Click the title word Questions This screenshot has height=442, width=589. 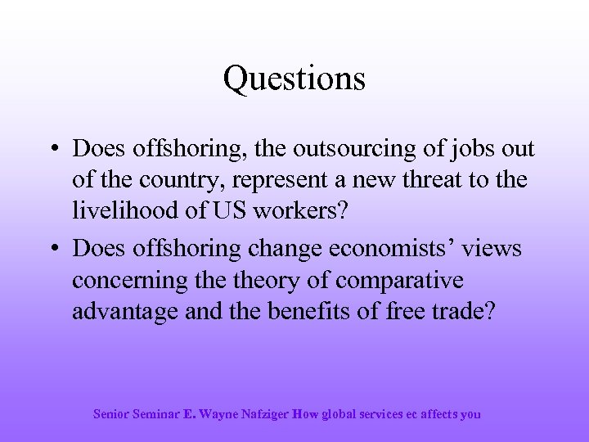click(294, 79)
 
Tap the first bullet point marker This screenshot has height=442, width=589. click(52, 150)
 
